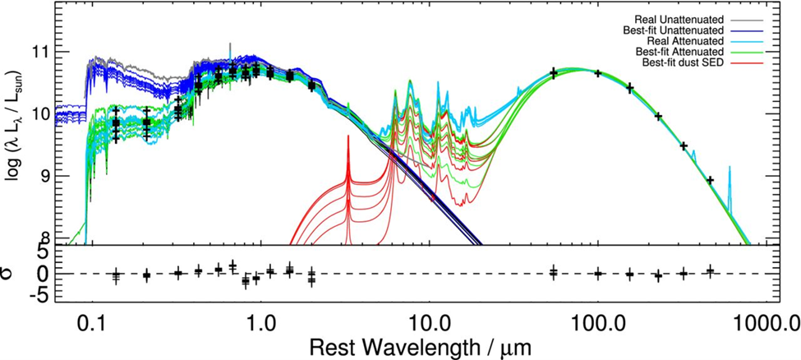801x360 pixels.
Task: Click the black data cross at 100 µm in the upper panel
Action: coord(598,73)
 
